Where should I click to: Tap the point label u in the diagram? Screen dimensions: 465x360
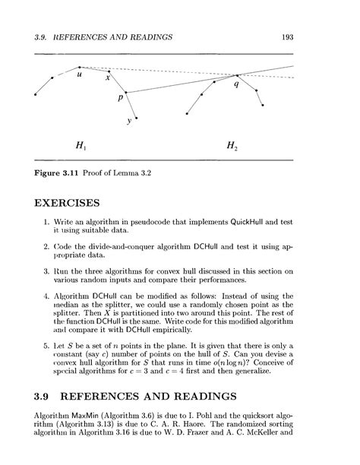[x=80, y=75]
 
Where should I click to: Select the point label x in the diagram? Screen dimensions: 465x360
[x=108, y=77]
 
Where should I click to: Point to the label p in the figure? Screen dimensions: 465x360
[x=120, y=99]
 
